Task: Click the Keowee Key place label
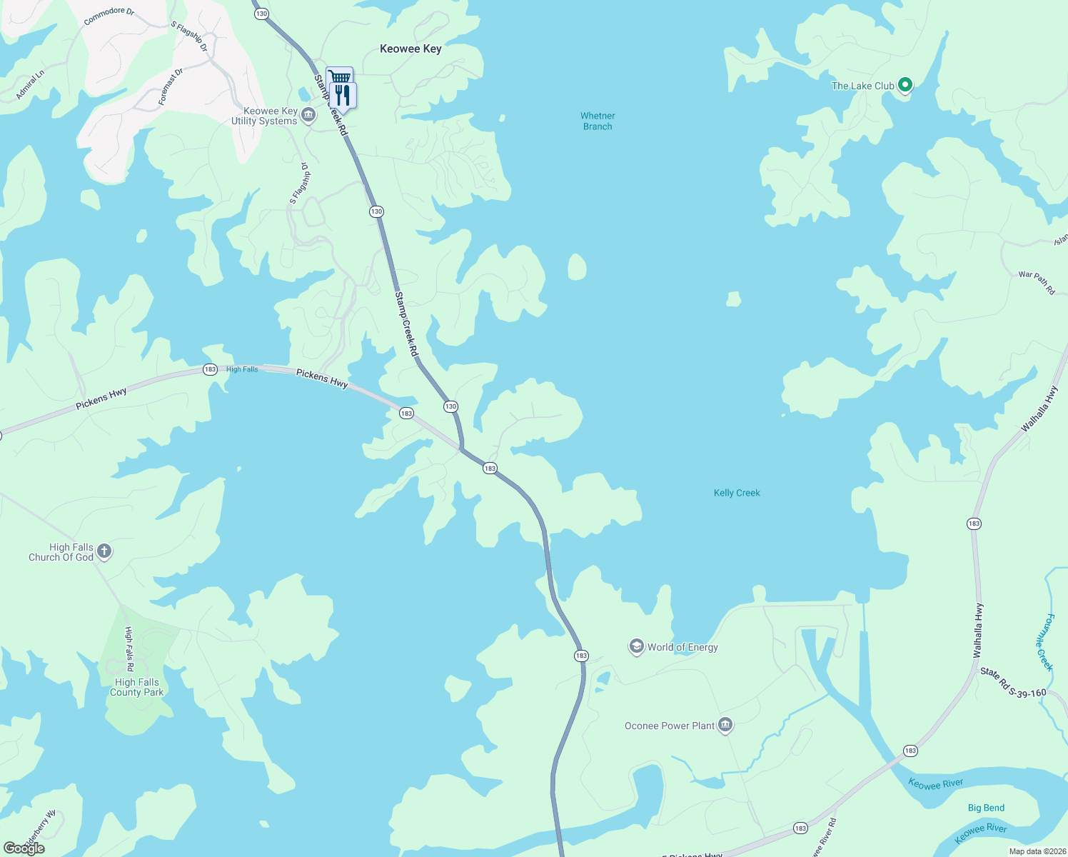[x=410, y=49]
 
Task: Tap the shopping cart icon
[x=340, y=76]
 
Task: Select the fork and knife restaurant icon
[x=343, y=95]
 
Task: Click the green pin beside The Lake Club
[x=905, y=85]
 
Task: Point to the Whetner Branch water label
[x=598, y=121]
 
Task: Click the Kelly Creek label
[x=737, y=493]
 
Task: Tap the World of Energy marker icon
[x=636, y=646]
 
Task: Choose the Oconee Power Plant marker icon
[x=725, y=725]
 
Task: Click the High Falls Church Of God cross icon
[x=104, y=551]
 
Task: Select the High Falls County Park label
[x=136, y=687]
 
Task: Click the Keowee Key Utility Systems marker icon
[x=308, y=115]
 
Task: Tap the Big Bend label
[x=986, y=808]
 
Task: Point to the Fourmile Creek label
[x=1044, y=642]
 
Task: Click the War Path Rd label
[x=1037, y=282]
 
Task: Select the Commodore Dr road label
[x=109, y=16]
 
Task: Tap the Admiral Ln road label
[x=30, y=84]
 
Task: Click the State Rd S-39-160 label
[x=1013, y=683]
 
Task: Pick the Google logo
[x=24, y=848]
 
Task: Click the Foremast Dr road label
[x=171, y=87]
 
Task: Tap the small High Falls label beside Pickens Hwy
[x=242, y=369]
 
